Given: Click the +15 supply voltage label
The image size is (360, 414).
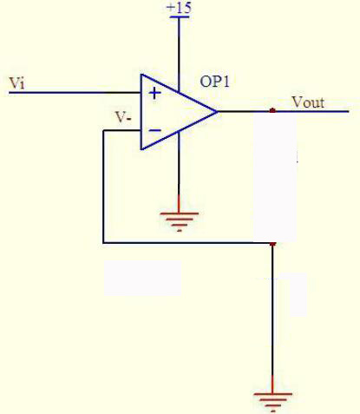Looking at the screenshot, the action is tap(180, 8).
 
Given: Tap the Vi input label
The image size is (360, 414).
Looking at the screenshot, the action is tap(17, 83).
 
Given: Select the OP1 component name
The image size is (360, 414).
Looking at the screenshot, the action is tap(215, 82).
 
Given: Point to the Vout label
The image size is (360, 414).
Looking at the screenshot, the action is tap(308, 102).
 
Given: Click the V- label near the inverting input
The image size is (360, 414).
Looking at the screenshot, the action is tap(123, 118).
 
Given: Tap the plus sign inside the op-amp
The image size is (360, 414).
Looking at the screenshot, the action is tap(154, 94).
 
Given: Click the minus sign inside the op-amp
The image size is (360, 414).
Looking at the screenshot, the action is tap(155, 130).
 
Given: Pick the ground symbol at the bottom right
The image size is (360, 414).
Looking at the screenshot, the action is tap(272, 402).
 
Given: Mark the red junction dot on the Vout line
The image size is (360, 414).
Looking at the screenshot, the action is tap(272, 110).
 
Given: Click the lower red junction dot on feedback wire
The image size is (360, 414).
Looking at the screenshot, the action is tap(272, 244).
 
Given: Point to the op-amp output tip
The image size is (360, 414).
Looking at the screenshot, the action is tap(217, 111).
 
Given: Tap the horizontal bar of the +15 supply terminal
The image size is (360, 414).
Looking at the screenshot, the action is tap(180, 16).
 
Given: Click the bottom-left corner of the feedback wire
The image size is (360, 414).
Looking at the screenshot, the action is tap(103, 243).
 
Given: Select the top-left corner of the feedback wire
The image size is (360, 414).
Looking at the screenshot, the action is tap(103, 131).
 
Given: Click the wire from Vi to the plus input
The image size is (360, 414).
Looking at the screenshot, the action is tap(75, 93).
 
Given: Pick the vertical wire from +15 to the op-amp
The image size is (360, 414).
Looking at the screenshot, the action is tap(179, 55).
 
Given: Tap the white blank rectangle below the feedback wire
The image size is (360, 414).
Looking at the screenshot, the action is tap(142, 278).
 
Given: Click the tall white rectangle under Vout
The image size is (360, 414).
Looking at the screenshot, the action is tap(275, 178).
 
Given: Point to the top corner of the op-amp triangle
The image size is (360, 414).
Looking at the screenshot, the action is tap(141, 75).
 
